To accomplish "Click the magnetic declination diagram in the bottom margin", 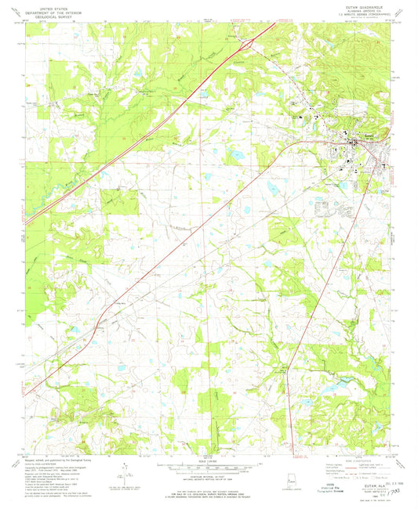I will (x=118, y=477).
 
